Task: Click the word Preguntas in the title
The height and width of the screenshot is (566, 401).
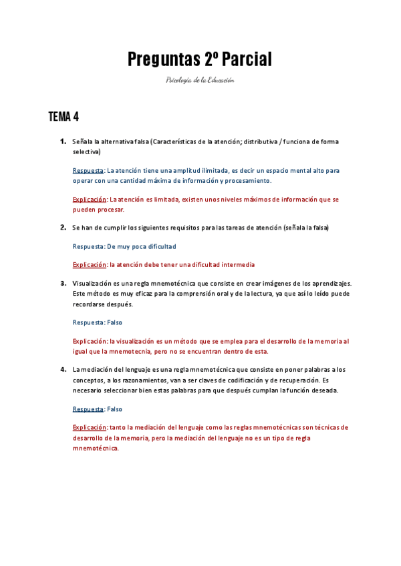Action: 163,59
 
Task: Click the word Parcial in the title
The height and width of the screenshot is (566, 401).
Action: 247,59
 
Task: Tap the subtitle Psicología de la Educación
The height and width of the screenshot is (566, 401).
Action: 200,80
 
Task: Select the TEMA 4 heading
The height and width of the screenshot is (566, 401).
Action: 63,117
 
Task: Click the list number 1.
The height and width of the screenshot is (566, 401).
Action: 62,141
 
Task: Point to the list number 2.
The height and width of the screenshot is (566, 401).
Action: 62,228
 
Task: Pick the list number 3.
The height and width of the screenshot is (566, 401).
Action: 62,283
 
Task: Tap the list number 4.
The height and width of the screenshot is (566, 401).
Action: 62,369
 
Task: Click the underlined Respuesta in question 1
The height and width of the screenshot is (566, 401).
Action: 88,170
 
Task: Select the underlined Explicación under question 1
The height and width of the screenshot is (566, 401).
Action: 90,199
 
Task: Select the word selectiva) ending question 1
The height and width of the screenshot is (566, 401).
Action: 87,152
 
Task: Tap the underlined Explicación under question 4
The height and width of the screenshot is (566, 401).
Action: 90,427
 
